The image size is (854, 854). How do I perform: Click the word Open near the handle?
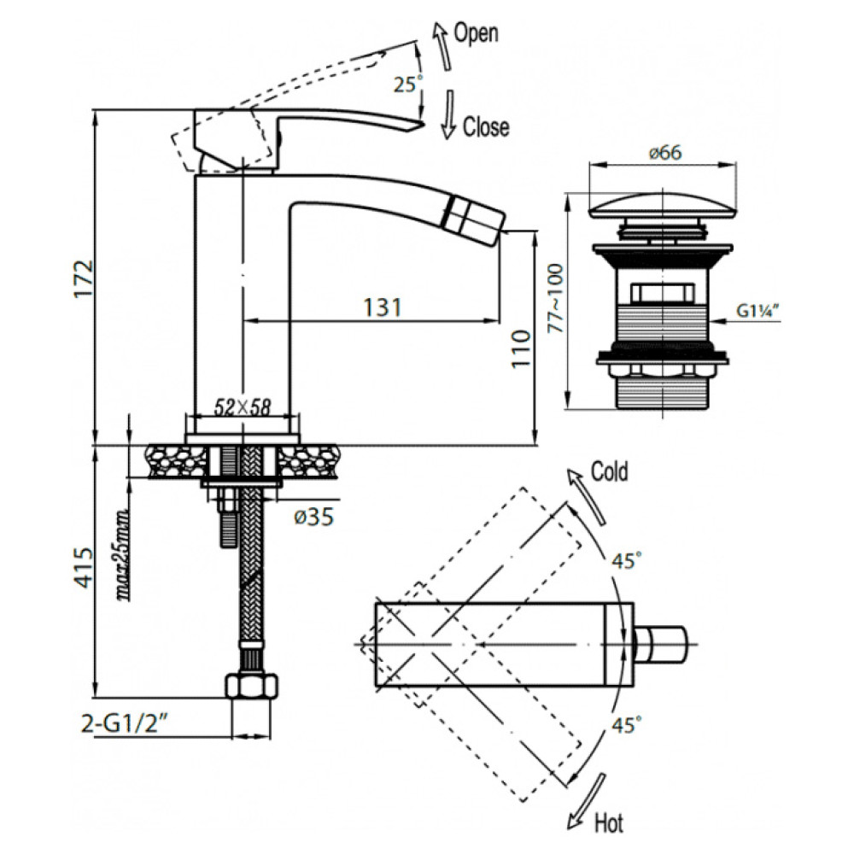tap(476, 33)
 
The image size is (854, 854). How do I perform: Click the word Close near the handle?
tap(486, 127)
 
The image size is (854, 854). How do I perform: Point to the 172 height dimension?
tap(85, 278)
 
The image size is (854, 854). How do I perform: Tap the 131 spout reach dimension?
tap(383, 307)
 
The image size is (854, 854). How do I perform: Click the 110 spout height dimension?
tap(521, 348)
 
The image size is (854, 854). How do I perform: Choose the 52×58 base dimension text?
tap(242, 407)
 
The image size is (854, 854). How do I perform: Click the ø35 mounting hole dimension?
tap(313, 517)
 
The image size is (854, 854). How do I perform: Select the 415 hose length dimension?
tap(85, 568)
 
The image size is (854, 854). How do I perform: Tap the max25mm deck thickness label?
tap(123, 554)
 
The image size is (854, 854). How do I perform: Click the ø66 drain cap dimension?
tap(665, 152)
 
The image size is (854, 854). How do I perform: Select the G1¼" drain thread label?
tap(757, 311)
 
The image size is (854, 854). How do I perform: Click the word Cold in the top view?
tap(610, 471)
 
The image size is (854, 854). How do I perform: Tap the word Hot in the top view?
tap(608, 823)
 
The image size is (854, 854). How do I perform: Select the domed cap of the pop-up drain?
tap(663, 206)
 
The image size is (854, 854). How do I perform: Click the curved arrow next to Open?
tap(442, 46)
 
